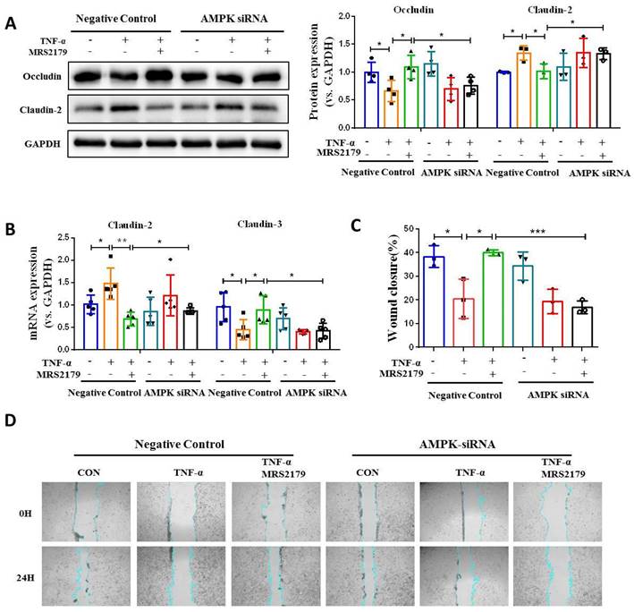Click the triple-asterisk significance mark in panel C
coord(537,231)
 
